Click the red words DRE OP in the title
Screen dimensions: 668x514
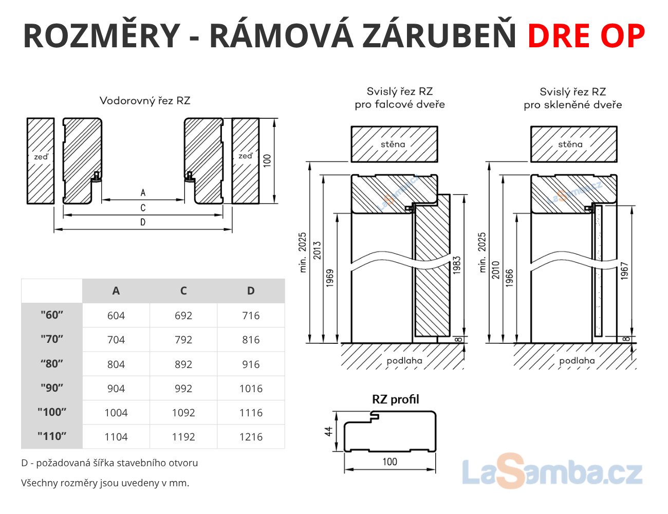point(586,35)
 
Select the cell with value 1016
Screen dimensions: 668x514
point(251,389)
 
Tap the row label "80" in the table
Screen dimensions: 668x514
point(52,364)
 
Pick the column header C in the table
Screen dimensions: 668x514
point(183,290)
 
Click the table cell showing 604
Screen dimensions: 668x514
point(116,316)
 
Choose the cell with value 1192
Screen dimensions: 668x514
point(183,437)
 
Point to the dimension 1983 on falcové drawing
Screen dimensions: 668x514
point(457,265)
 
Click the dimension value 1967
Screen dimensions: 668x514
point(624,270)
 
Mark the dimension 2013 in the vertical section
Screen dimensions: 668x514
point(317,250)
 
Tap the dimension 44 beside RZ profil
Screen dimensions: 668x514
point(329,431)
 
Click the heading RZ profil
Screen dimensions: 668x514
point(395,399)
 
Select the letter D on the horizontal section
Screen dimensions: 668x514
point(143,222)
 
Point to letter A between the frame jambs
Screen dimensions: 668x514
point(143,193)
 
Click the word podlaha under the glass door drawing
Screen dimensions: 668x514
point(577,361)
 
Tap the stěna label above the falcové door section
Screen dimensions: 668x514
point(393,144)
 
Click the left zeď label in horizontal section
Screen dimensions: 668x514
point(41,157)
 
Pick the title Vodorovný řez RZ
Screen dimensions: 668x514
point(145,101)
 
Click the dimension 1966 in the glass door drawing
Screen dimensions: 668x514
point(509,278)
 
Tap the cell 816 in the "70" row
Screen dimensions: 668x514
point(251,340)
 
